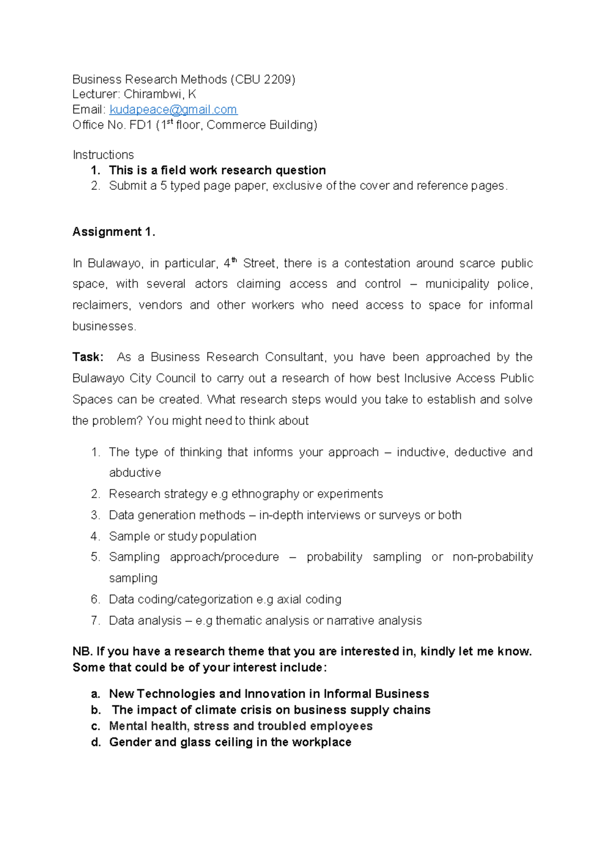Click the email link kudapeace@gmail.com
(173, 110)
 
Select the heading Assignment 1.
(114, 232)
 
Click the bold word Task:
(88, 357)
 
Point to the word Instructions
(103, 155)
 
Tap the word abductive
(135, 473)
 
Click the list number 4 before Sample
(95, 537)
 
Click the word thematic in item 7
(238, 621)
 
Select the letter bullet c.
(95, 726)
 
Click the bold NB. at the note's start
(82, 652)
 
